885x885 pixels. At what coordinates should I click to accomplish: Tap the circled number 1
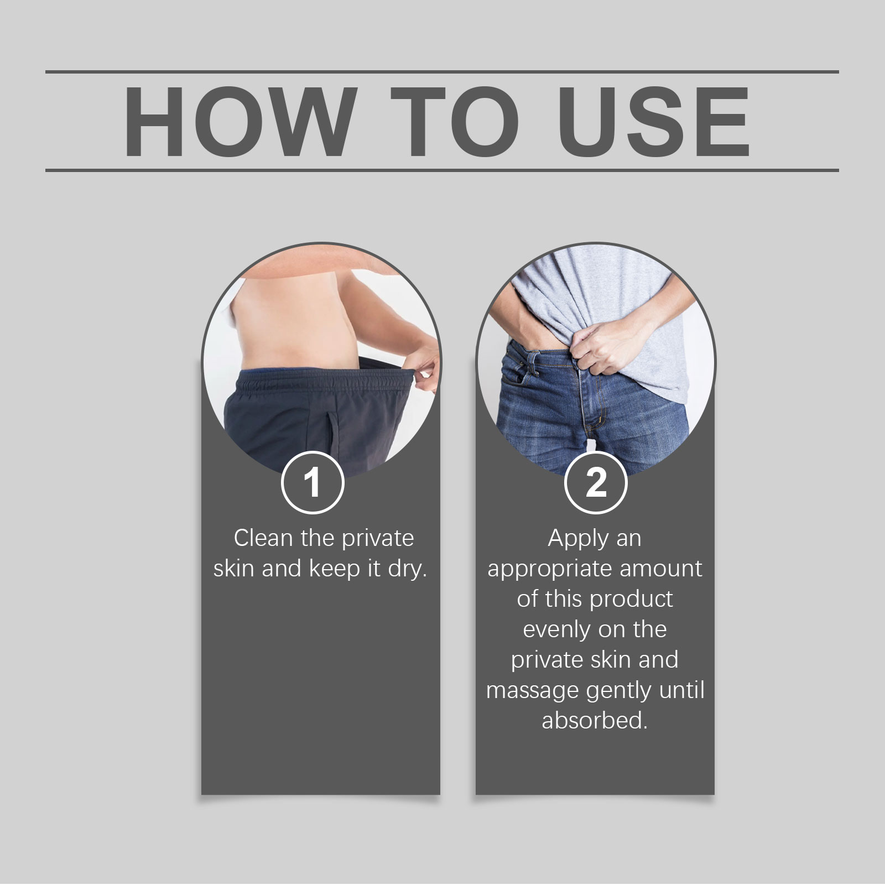313,482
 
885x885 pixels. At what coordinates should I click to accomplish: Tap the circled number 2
596,482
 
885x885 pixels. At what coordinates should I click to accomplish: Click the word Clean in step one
263,538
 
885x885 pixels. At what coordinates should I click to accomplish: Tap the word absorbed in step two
595,720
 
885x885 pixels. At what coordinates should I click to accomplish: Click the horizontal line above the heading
442,72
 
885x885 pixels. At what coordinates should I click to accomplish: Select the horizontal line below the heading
442,170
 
